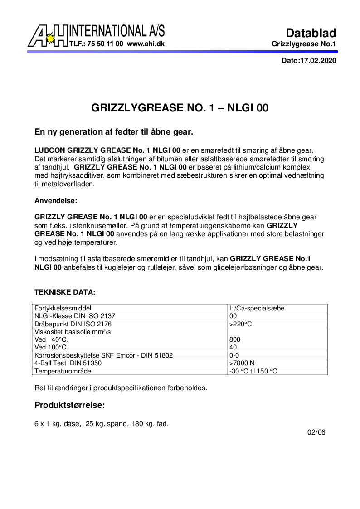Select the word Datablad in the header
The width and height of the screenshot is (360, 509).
tap(311, 33)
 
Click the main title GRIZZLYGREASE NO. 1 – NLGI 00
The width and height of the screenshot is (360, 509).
tap(180, 108)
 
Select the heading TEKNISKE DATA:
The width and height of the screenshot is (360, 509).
tap(65, 292)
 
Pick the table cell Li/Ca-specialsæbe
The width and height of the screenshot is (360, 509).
tap(257, 308)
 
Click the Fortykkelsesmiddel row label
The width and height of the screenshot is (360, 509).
tap(66, 308)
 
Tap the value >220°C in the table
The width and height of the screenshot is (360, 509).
tap(241, 324)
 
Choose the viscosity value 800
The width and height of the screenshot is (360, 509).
tap(235, 339)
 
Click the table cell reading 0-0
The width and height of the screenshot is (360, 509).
tap(234, 355)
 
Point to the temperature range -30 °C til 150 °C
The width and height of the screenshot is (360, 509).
tap(253, 371)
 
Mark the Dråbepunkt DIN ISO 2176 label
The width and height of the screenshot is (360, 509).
tap(73, 324)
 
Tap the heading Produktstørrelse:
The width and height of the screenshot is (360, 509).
tap(70, 405)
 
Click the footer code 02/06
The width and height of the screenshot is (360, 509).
tap(316, 432)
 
